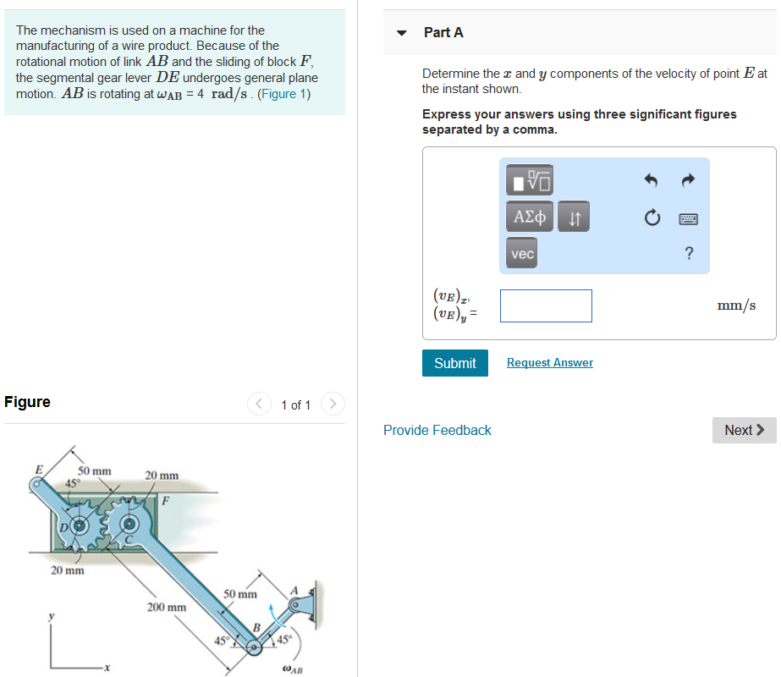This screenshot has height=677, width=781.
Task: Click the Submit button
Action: [454, 363]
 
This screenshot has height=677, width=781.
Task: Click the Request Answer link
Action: [549, 363]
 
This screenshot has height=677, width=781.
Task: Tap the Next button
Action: [744, 430]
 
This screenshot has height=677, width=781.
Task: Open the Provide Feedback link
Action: [437, 430]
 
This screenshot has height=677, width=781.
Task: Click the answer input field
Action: [546, 305]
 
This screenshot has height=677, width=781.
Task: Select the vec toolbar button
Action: [522, 254]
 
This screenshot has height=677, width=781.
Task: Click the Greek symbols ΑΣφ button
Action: [530, 217]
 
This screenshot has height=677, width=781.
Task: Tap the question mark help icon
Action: [688, 254]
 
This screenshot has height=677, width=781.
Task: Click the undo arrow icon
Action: [651, 180]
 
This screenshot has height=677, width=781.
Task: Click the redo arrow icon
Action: [688, 180]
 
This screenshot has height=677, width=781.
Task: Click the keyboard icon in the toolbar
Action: [688, 218]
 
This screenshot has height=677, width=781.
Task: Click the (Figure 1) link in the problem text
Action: [283, 94]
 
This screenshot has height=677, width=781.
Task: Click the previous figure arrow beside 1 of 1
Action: [259, 405]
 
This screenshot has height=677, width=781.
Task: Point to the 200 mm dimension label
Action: [167, 608]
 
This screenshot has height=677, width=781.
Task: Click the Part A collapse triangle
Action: [403, 33]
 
